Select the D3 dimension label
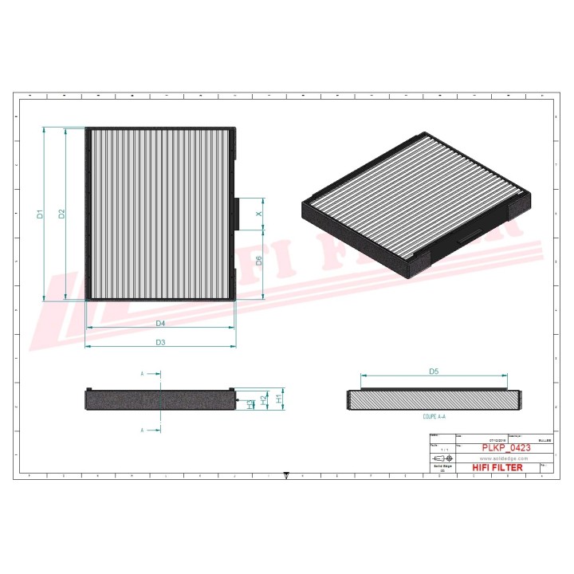tap(160, 342)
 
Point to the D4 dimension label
tap(160, 323)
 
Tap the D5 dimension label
tap(434, 371)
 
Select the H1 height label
tap(277, 397)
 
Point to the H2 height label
tap(264, 398)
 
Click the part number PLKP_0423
tap(505, 448)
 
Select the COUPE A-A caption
tap(434, 416)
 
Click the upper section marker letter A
tap(142, 373)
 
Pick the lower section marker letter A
tap(142, 430)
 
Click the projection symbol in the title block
tap(441, 459)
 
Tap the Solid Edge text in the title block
tap(441, 467)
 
